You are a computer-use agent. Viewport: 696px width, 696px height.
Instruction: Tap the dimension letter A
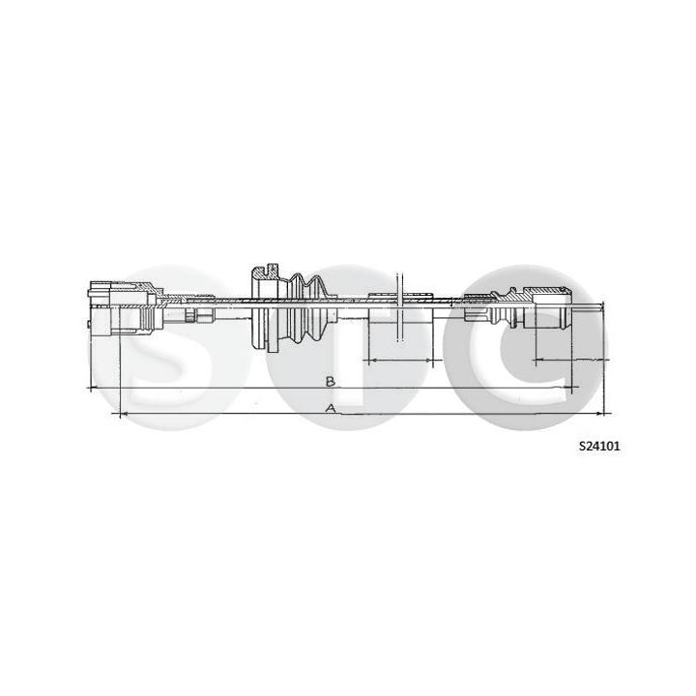coord(331,409)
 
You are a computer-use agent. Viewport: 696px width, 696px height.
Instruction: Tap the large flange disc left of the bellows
coord(261,309)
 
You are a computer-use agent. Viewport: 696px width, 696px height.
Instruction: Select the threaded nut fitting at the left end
coord(124,305)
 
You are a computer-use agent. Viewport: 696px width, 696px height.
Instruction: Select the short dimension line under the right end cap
coord(565,360)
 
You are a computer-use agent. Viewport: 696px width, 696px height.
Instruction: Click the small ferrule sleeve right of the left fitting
coord(202,315)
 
